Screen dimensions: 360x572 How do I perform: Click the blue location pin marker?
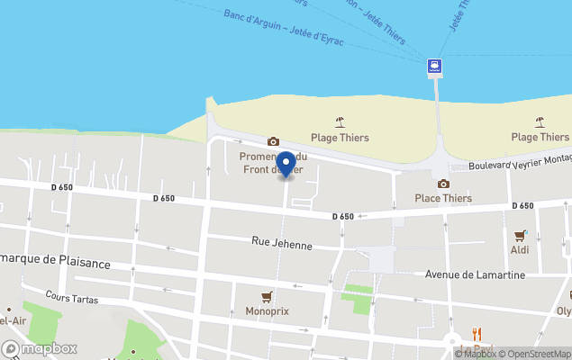click(x=286, y=165)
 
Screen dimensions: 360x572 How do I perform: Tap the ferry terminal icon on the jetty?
click(x=435, y=65)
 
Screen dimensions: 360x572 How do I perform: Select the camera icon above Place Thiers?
click(x=443, y=184)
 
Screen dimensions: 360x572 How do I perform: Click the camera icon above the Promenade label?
click(x=273, y=141)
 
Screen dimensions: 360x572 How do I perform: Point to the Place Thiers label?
click(x=443, y=198)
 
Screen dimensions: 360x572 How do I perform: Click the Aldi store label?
click(x=520, y=249)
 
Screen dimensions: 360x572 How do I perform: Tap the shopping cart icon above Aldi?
click(x=520, y=236)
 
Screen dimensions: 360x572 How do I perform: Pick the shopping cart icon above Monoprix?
click(x=266, y=297)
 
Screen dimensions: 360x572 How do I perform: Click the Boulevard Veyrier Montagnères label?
click(x=522, y=158)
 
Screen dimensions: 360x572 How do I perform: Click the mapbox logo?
click(x=40, y=348)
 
